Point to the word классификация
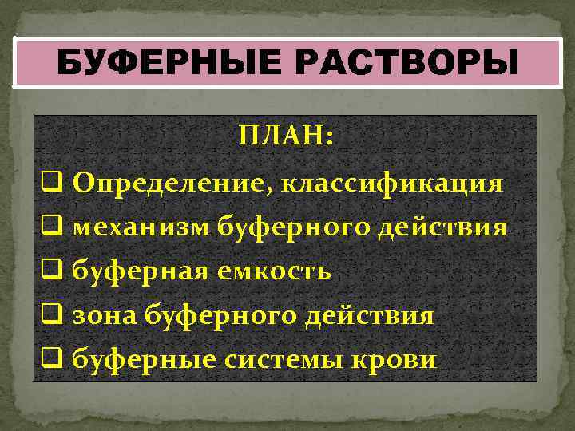(x=391, y=184)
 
